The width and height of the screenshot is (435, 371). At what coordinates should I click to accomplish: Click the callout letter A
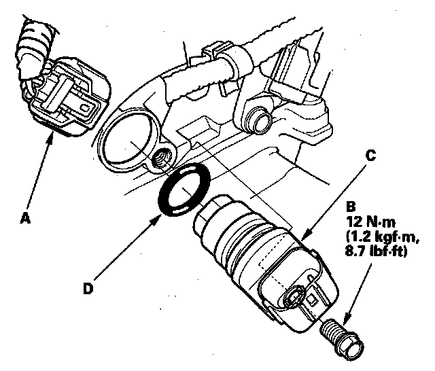(26, 217)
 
